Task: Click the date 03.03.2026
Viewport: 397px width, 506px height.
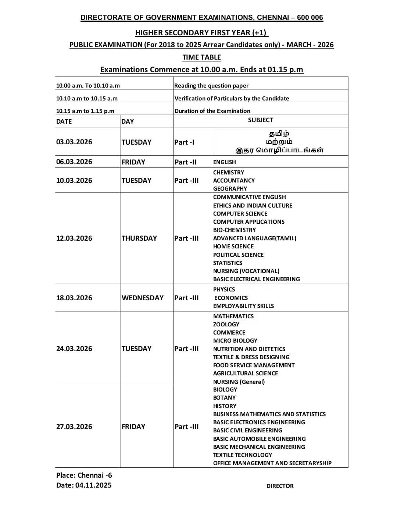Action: click(74, 142)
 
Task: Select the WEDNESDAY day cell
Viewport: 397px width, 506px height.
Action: click(142, 298)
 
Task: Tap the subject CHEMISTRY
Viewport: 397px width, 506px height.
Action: click(228, 172)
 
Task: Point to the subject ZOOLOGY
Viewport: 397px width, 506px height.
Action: click(226, 324)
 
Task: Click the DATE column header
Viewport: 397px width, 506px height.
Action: click(64, 121)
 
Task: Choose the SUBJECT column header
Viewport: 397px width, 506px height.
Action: click(260, 120)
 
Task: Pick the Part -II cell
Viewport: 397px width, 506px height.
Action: click(185, 162)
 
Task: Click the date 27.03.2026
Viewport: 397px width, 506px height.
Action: click(74, 427)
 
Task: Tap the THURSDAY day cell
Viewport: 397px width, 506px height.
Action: click(139, 238)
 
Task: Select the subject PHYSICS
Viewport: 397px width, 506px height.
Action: click(224, 289)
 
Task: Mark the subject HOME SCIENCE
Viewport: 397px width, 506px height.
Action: click(233, 246)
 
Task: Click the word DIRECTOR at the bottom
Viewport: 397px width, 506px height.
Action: click(280, 486)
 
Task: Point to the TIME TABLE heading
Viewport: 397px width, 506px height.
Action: click(202, 57)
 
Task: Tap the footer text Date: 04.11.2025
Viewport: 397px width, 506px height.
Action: click(84, 485)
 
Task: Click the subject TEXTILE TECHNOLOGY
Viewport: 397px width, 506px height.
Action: click(243, 455)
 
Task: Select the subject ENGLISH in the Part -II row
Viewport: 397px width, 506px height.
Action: click(225, 162)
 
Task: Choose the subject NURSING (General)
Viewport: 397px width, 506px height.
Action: click(239, 382)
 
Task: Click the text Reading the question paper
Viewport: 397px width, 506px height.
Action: click(211, 85)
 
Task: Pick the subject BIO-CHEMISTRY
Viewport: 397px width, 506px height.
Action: click(235, 230)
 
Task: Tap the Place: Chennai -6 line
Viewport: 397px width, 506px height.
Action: click(84, 475)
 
